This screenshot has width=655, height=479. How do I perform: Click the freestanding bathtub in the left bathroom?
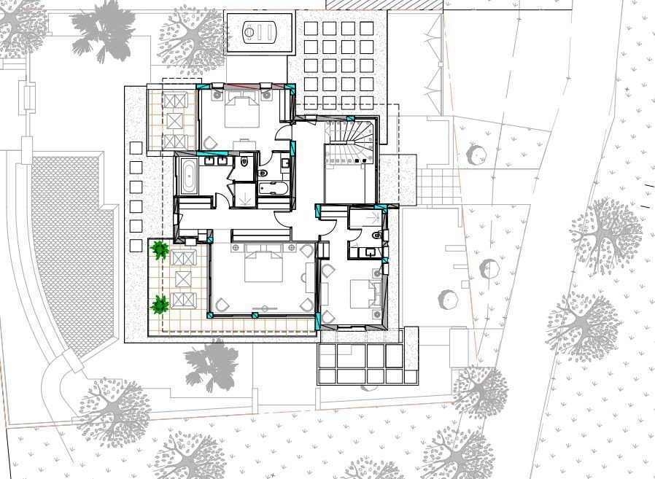coord(187,177)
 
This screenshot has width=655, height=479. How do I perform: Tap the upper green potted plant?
coord(160,250)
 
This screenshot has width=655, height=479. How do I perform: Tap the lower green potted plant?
coord(159,304)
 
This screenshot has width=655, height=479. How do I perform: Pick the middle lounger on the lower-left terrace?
coord(183,278)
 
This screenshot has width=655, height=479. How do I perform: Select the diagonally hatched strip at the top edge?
coord(384,4)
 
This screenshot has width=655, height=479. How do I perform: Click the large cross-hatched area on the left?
coord(69,241)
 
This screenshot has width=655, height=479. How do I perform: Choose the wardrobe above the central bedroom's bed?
coord(261,235)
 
